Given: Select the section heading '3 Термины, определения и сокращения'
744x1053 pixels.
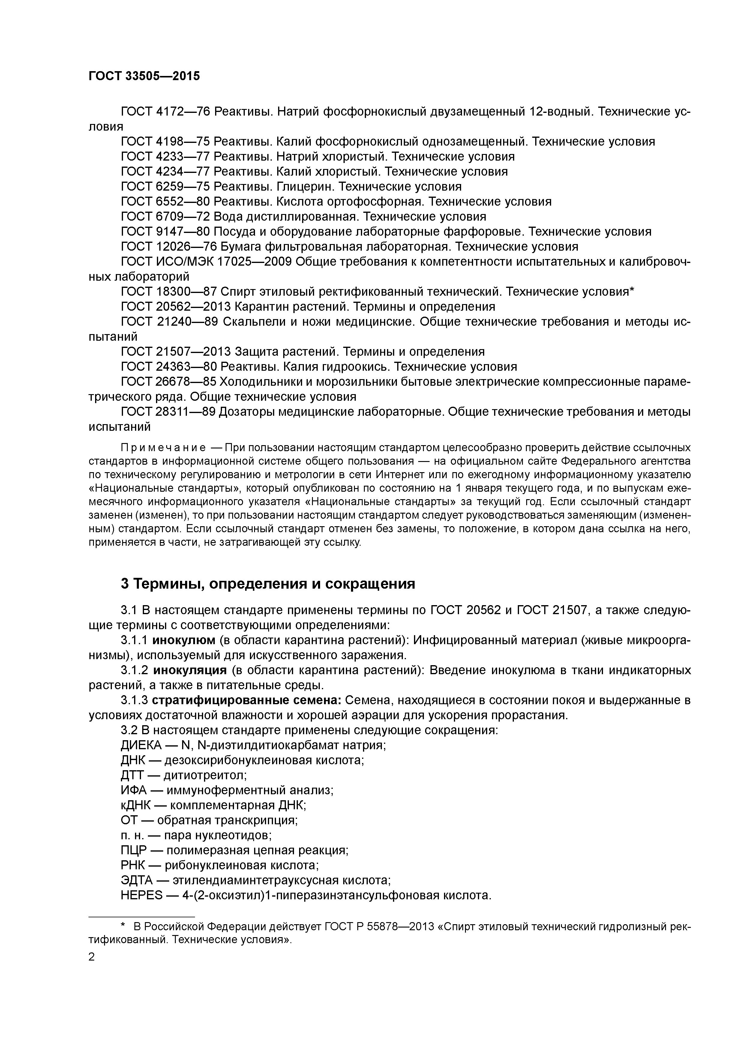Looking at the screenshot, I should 268,584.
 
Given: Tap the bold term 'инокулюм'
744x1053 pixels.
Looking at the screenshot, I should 183,640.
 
